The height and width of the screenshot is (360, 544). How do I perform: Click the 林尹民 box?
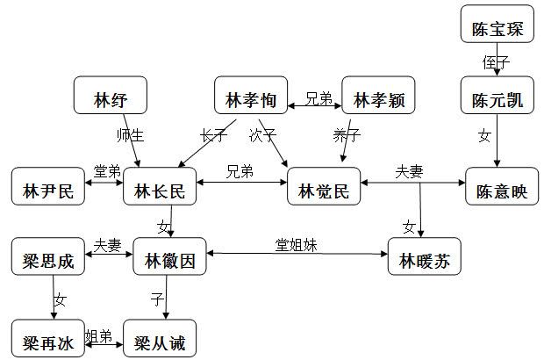48,190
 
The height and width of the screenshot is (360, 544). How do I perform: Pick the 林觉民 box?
324,190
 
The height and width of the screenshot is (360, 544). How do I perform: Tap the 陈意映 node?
501,190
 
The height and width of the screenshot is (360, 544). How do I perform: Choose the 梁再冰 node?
48,341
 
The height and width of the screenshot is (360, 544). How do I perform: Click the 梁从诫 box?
161,341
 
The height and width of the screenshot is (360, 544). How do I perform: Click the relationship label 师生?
129,135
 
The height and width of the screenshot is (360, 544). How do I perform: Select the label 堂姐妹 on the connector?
292,245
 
